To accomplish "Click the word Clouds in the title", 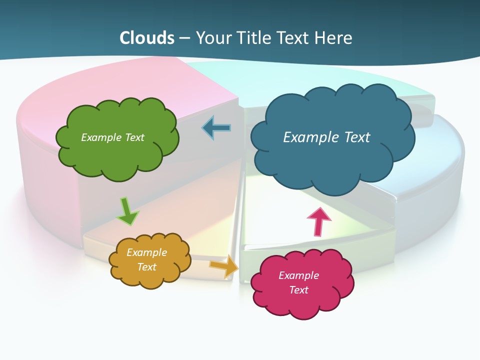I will coord(147,38).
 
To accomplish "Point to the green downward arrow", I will coord(127,211).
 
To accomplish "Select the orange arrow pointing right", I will coord(224,266).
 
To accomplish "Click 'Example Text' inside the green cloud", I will coord(112,137).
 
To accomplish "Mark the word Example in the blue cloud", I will coord(307,137).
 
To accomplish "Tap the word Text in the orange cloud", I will coord(146,267).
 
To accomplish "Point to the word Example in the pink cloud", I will coord(298,275).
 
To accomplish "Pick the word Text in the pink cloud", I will coord(298,290).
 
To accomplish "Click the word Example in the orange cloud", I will coord(146,252).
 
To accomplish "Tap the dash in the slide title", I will coord(185,38).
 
